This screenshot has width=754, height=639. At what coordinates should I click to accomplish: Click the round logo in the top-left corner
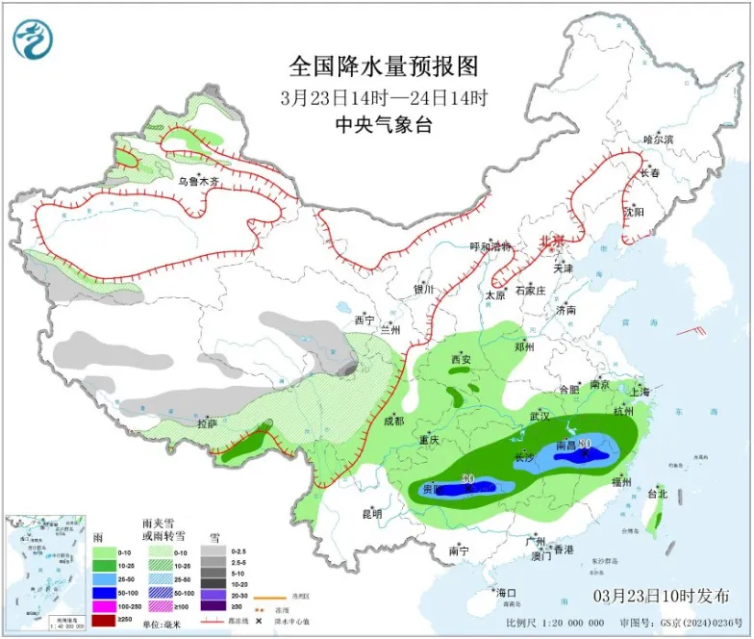point(33,39)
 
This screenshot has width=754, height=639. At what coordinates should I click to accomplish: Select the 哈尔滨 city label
point(659,141)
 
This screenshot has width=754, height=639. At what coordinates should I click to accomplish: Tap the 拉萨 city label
point(207,423)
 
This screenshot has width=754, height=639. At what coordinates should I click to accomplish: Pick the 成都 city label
point(392,421)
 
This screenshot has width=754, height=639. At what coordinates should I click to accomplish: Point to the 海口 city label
point(506,592)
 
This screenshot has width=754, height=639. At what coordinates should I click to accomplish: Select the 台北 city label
point(657,495)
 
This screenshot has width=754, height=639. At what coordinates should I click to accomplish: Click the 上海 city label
point(639,392)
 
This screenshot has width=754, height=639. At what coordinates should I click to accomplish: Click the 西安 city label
point(462,360)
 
